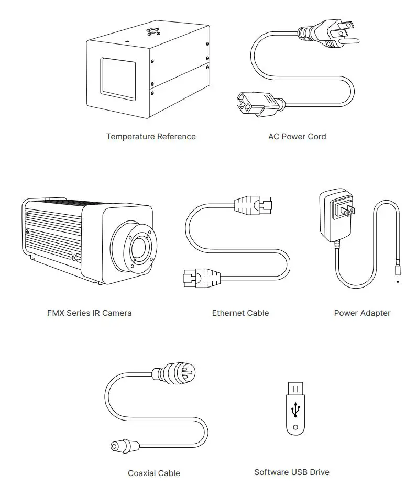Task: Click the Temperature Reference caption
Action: (x=151, y=137)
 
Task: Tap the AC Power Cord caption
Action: (x=297, y=137)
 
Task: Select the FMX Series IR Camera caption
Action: (x=89, y=313)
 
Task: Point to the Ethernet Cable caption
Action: (x=240, y=313)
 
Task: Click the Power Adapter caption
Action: (x=362, y=313)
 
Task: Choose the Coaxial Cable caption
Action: (x=154, y=473)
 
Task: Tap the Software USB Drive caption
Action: (x=292, y=472)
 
